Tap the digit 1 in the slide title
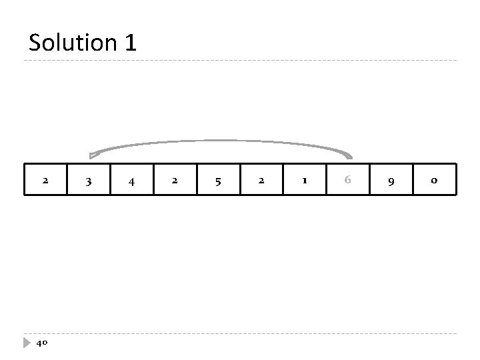point(130,43)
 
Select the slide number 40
point(41,343)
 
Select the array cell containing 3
point(89,180)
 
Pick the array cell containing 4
point(132,180)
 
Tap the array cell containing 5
point(219,180)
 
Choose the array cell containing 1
point(305,180)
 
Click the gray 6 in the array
point(347,179)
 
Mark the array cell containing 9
point(391,180)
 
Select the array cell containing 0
point(434,180)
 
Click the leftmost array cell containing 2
point(45,180)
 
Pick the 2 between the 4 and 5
point(175,180)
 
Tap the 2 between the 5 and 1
point(261,180)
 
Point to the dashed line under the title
point(240,61)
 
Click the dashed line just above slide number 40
point(240,333)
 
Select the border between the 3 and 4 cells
point(111,180)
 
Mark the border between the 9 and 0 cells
point(413,180)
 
